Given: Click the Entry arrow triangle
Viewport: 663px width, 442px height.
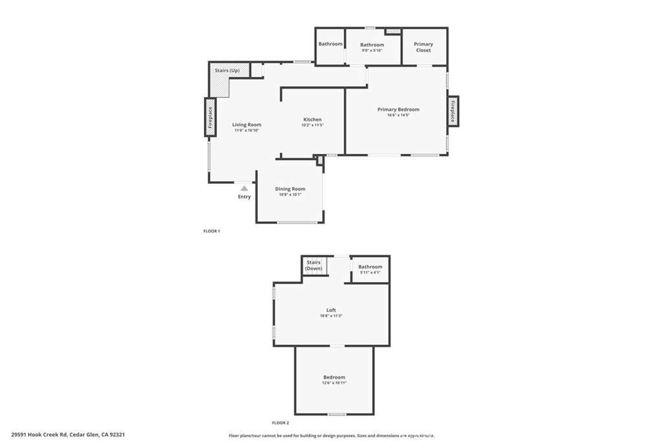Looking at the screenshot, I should pyautogui.click(x=244, y=188).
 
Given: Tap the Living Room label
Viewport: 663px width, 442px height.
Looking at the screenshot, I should pyautogui.click(x=247, y=124).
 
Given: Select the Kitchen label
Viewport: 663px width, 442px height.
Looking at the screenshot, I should pyautogui.click(x=313, y=120).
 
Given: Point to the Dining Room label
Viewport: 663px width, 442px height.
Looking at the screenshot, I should pyautogui.click(x=290, y=189).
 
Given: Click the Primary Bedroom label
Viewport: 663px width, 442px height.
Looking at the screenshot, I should pyautogui.click(x=398, y=109).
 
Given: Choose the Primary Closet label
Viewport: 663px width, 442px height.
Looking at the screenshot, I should pyautogui.click(x=423, y=47).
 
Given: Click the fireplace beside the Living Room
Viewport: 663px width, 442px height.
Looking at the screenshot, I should pyautogui.click(x=210, y=117).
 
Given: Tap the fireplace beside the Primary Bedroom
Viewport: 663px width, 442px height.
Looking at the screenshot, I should pyautogui.click(x=453, y=111).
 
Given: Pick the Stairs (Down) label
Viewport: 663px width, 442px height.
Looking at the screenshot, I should pyautogui.click(x=314, y=265).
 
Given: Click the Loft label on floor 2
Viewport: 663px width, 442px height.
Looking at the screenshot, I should pyautogui.click(x=331, y=310).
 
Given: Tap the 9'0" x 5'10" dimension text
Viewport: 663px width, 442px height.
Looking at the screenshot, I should pyautogui.click(x=372, y=50).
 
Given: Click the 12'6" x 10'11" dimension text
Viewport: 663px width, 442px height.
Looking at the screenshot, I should pyautogui.click(x=335, y=382).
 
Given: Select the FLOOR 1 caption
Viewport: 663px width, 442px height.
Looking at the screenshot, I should pyautogui.click(x=212, y=231).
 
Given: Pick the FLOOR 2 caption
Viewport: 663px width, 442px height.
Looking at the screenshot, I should pyautogui.click(x=280, y=423).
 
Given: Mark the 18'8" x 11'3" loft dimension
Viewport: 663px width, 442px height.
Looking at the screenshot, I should pyautogui.click(x=331, y=316).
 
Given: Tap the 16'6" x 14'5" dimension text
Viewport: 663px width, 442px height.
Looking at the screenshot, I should pyautogui.click(x=398, y=115).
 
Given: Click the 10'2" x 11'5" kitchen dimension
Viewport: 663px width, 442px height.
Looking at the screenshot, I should pyautogui.click(x=313, y=125).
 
